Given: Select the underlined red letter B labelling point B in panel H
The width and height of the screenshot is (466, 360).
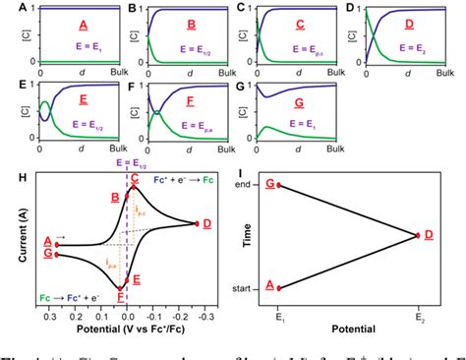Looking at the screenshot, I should pos(115,198).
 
